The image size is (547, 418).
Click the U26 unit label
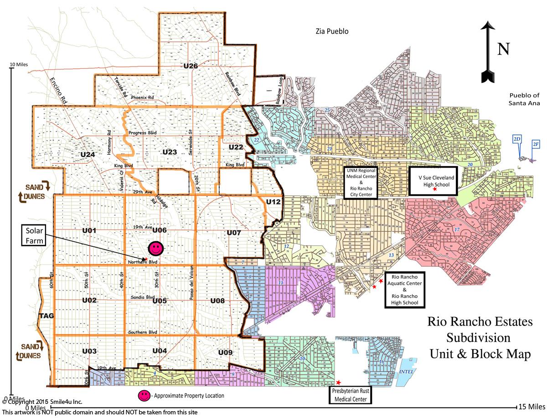point(191,66)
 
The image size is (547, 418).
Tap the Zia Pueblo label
point(332,31)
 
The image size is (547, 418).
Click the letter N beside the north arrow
point(503,49)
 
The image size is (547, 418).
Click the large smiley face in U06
point(155,248)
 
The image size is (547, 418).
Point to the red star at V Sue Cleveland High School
point(434,189)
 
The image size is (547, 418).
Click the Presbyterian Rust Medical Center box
point(350,394)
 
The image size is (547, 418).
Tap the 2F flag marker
point(536,145)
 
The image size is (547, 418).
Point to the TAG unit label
point(46,316)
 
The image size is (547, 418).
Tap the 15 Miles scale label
point(530,406)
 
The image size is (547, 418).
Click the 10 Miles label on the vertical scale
point(19,65)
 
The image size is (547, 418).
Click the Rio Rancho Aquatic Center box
point(404,290)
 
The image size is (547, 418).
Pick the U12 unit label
point(274,202)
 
